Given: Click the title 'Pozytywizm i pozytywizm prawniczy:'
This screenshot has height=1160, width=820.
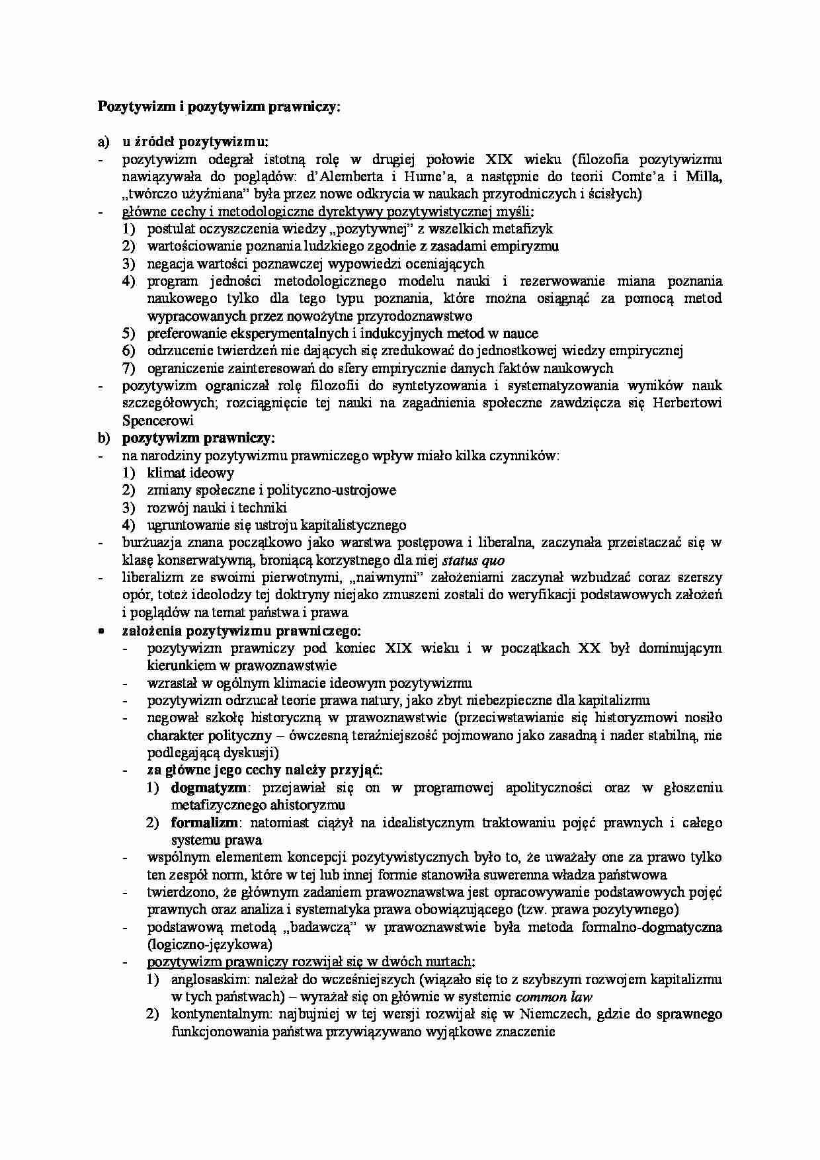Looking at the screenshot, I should click(x=219, y=106).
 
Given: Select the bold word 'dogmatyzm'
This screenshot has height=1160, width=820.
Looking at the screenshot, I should click(x=209, y=788).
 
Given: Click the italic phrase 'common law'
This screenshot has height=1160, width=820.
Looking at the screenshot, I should click(x=553, y=997).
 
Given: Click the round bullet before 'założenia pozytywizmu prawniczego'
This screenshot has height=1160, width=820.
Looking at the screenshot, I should click(x=101, y=631).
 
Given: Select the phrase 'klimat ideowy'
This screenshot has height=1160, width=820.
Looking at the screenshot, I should click(x=190, y=473).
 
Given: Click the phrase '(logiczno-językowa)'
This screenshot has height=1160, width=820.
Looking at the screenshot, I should click(x=210, y=944).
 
